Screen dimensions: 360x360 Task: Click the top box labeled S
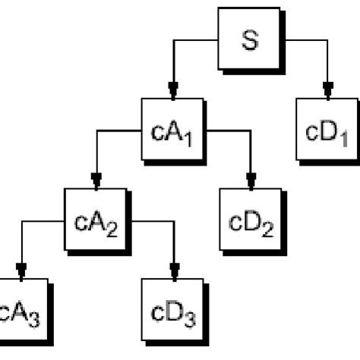(250, 39)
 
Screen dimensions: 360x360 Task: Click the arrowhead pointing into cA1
(174, 89)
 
